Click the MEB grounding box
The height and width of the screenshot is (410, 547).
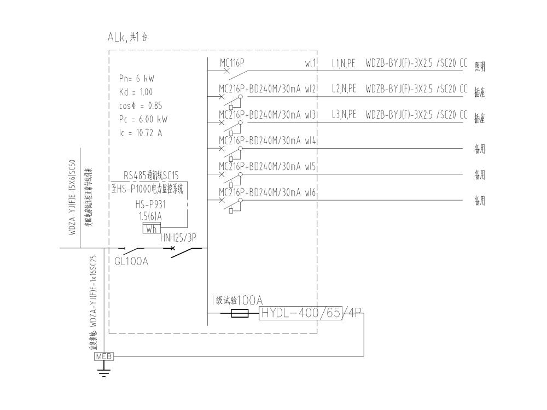coord(104,356)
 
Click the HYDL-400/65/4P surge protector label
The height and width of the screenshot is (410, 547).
coord(311,313)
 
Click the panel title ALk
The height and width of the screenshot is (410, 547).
coord(118,38)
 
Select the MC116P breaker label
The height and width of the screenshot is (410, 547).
coord(232,63)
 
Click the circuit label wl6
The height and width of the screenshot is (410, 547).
coord(311,192)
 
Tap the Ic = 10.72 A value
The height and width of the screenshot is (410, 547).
coord(137,133)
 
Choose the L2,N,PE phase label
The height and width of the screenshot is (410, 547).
coord(344,89)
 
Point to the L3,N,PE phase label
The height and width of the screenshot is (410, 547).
coord(344,115)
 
